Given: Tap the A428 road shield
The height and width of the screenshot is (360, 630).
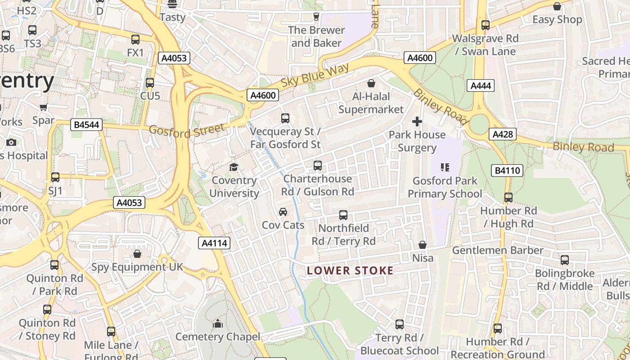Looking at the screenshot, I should coord(504,134).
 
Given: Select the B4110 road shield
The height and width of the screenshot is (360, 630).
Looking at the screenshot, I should coord(507,170).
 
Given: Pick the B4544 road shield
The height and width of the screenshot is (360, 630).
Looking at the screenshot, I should coord(86,125).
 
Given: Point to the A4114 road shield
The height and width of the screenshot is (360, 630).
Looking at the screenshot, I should coord(214,243).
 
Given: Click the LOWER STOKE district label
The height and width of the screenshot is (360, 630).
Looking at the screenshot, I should coord(350,270).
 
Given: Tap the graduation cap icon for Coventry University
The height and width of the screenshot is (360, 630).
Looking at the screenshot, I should coord(234,167).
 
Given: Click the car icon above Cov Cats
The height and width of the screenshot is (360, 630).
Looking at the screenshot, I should coord(283,212).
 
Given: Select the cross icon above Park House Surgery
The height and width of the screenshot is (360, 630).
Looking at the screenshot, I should coord(417,121).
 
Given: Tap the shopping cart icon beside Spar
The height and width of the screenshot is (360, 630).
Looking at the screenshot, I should coord(44,108).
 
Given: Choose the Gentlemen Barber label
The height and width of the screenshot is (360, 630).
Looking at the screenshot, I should coord(498,250).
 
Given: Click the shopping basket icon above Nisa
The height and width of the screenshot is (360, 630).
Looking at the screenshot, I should coord(423,245).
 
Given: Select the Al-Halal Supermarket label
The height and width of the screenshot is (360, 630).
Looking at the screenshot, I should coord(371,103).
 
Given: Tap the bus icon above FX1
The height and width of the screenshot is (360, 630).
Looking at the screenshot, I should coord(135,40).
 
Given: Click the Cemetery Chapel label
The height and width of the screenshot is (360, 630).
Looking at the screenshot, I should coord(218,337).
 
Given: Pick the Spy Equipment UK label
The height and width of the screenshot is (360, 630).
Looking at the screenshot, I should coord(137,267).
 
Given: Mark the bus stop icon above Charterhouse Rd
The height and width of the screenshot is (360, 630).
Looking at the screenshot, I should coord(318,166).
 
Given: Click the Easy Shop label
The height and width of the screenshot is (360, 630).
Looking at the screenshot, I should coord(557,20).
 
